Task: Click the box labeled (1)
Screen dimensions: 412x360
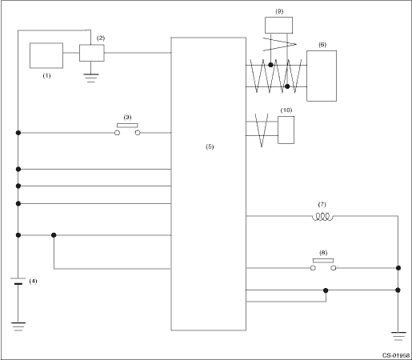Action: coord(46,55)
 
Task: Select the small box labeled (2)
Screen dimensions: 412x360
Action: coord(92,53)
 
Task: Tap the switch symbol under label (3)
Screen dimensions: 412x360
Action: coord(127,130)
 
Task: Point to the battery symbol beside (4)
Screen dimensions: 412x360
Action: coord(18,281)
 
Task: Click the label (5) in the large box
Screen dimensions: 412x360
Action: coord(210,146)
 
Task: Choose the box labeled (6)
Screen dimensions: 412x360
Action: coord(322,76)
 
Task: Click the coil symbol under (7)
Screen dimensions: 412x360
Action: coord(322,217)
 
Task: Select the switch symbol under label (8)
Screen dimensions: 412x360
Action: coord(323,265)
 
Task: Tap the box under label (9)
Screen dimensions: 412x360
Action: coord(278,25)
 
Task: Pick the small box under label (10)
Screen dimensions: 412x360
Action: coord(286,130)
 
